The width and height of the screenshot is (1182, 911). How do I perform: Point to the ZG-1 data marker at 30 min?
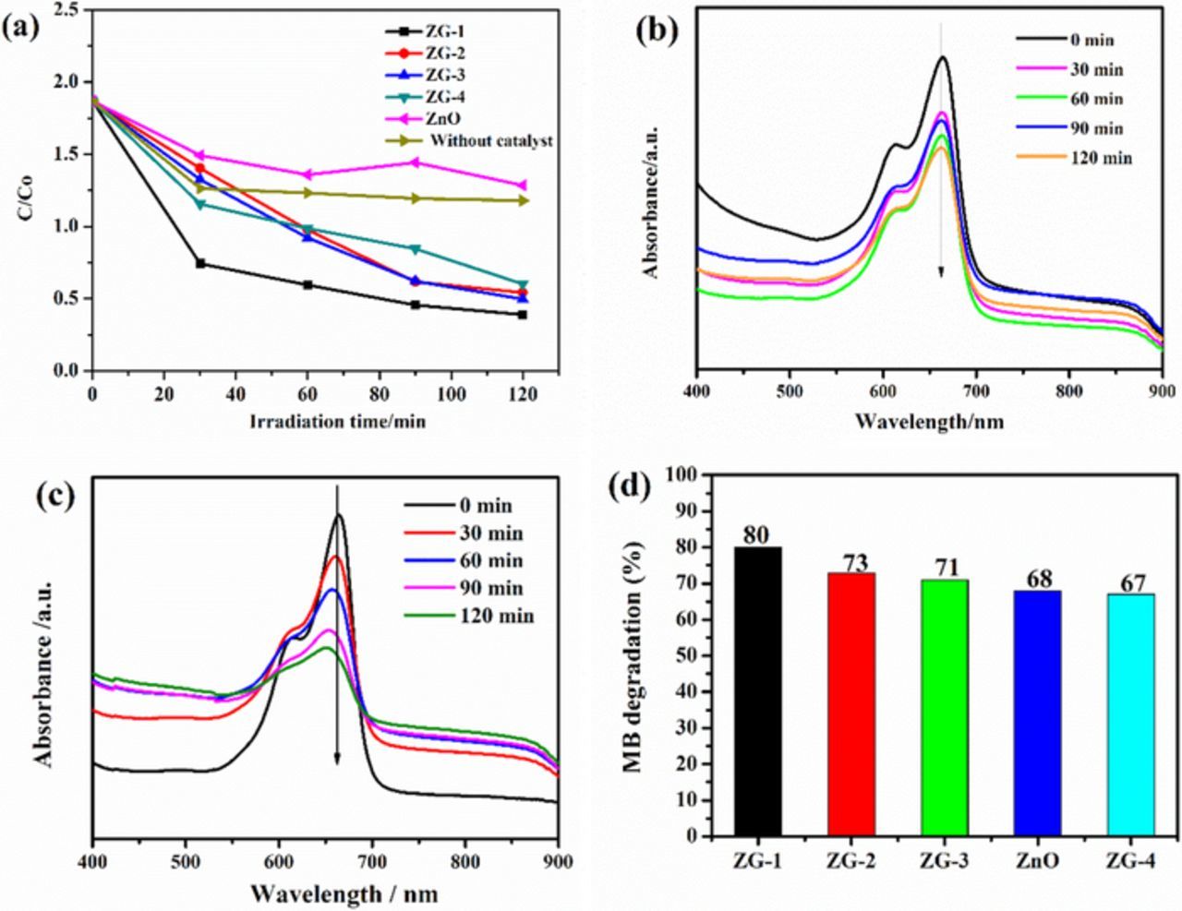click(199, 264)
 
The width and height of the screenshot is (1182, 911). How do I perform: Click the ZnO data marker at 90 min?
click(415, 162)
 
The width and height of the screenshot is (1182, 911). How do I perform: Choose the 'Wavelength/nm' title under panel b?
click(928, 422)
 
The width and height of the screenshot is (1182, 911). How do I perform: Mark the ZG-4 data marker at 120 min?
click(523, 285)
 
